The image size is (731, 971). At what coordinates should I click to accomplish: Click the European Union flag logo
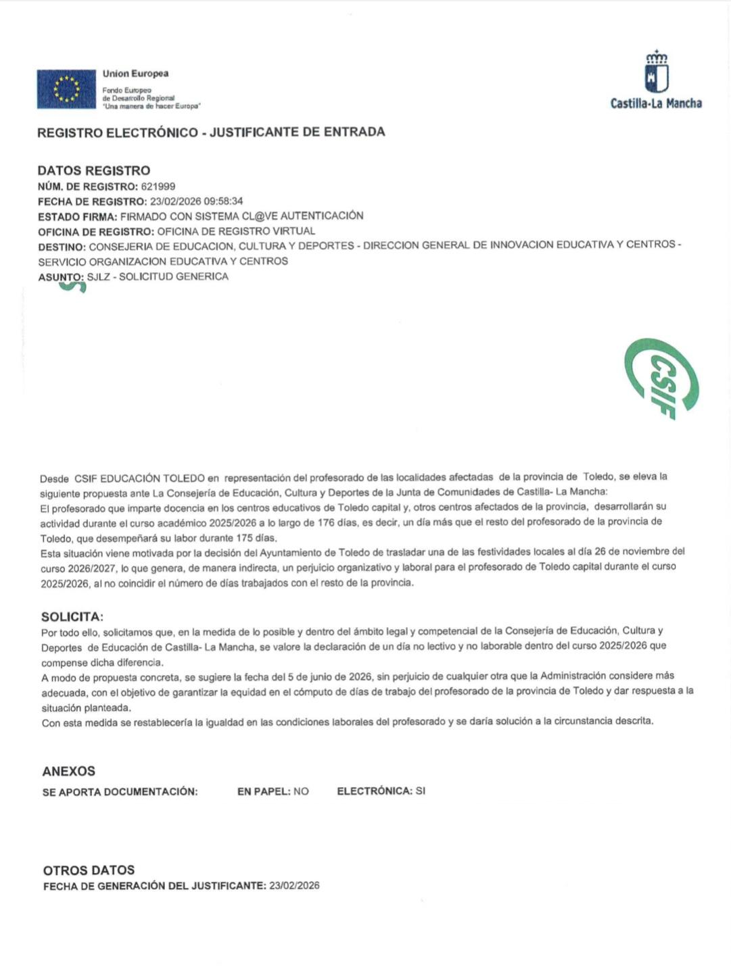click(x=66, y=89)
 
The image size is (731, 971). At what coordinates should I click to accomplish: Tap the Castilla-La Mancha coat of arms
click(x=656, y=72)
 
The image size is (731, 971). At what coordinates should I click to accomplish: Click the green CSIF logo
click(x=661, y=378)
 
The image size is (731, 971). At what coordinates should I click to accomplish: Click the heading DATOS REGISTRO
click(x=94, y=170)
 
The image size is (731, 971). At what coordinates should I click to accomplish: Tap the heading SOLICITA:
click(x=72, y=616)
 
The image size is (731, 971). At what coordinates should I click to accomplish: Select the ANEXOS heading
click(x=69, y=771)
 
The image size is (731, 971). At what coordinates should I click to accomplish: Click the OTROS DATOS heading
click(x=89, y=870)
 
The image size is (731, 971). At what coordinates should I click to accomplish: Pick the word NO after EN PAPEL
click(x=301, y=791)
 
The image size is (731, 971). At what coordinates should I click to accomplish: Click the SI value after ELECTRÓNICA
click(x=420, y=791)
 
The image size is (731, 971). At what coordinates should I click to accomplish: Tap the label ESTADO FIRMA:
click(x=78, y=217)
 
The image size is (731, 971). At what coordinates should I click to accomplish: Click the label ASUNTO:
click(x=61, y=277)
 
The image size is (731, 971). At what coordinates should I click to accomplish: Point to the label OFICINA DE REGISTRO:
click(x=97, y=232)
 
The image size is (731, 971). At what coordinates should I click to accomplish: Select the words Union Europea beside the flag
click(x=135, y=74)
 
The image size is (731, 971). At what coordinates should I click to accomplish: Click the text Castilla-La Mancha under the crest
click(x=656, y=103)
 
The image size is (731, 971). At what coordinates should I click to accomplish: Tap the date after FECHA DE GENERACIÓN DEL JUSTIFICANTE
click(x=294, y=885)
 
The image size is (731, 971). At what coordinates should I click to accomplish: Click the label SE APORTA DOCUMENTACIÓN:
click(x=120, y=792)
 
